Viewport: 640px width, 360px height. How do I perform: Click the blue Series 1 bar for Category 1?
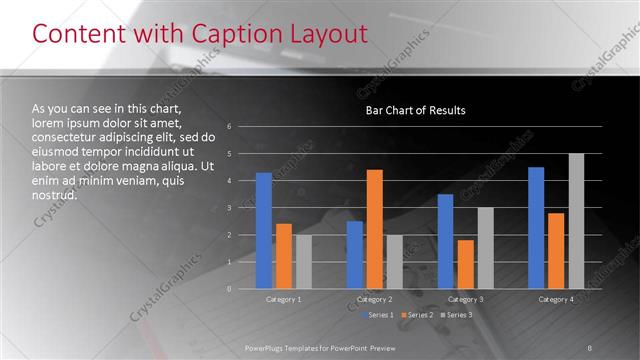(264, 231)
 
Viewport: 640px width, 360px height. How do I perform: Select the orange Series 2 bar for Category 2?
(375, 229)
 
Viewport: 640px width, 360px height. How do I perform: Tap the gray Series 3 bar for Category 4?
(576, 221)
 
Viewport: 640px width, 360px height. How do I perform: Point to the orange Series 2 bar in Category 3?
(465, 264)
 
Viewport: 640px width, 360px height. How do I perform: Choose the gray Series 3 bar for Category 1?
(303, 262)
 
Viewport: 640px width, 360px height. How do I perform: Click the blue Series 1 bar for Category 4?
(536, 228)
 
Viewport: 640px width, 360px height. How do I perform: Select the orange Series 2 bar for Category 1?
(284, 256)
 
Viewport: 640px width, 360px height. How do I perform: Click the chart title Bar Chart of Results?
(415, 110)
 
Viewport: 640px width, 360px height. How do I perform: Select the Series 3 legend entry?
(458, 315)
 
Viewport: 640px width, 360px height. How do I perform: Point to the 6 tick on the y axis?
(230, 127)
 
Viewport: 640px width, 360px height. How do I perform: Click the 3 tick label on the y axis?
(230, 208)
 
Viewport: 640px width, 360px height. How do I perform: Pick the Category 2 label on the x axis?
(375, 299)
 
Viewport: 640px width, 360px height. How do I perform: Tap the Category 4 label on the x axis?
(556, 299)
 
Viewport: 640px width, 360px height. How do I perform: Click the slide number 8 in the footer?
(590, 347)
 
